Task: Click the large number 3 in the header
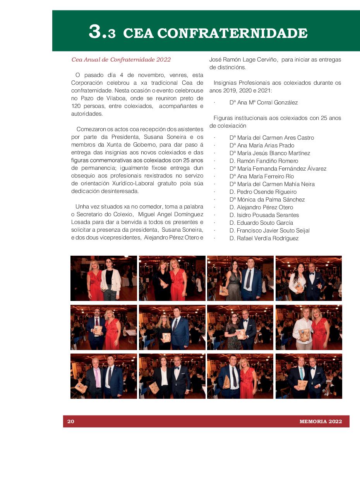(96, 32)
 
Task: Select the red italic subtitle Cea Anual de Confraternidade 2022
(121, 60)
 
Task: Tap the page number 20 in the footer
(70, 421)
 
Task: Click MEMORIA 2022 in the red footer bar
(321, 421)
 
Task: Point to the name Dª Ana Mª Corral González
(263, 103)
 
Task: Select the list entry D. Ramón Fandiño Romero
(264, 161)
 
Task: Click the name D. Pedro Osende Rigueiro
(263, 192)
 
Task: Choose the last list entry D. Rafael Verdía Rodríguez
(264, 238)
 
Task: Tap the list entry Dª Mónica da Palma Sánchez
(267, 200)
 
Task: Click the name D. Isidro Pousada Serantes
(264, 215)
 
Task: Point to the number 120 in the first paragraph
(76, 106)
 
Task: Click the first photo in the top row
(104, 278)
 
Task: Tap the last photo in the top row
(309, 278)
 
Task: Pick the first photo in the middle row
(104, 327)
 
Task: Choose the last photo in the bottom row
(309, 376)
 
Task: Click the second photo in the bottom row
(172, 376)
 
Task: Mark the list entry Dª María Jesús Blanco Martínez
(269, 153)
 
